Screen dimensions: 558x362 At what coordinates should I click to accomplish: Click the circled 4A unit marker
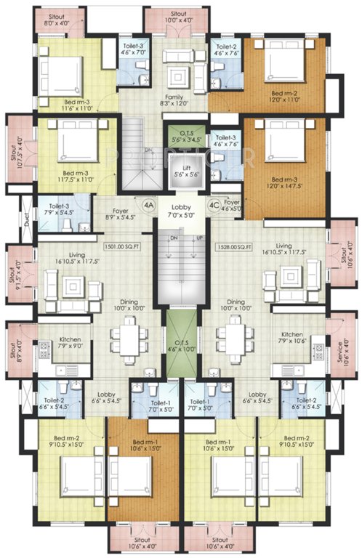(x=148, y=206)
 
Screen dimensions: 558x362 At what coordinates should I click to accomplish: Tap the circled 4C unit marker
(x=214, y=206)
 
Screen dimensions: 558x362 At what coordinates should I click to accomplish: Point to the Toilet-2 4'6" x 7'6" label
(x=225, y=49)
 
